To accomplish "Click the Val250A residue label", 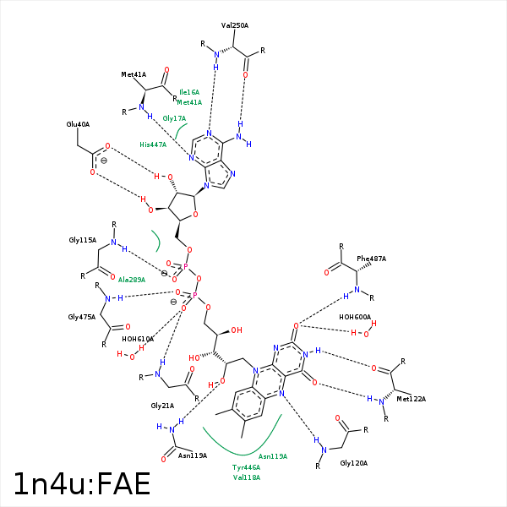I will tap(235, 25).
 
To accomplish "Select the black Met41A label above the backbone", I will tap(134, 75).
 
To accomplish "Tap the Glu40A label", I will tap(78, 124).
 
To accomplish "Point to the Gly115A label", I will tap(81, 241).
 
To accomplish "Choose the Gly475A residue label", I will tap(81, 317).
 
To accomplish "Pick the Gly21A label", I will tap(161, 406).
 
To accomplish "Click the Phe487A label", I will tap(371, 259).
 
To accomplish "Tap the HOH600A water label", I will tap(355, 317).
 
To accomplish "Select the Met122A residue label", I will tap(412, 399).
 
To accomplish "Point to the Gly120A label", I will tap(354, 463).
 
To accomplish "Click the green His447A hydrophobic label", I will tap(153, 144).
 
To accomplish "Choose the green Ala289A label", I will tap(132, 280).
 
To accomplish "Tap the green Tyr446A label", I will tap(246, 467).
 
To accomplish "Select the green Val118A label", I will tap(246, 477).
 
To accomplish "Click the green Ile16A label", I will tap(189, 92).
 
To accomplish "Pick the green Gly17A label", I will tap(174, 118).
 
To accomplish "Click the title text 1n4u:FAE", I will tap(81, 483).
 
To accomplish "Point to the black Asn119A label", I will tap(193, 455).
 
